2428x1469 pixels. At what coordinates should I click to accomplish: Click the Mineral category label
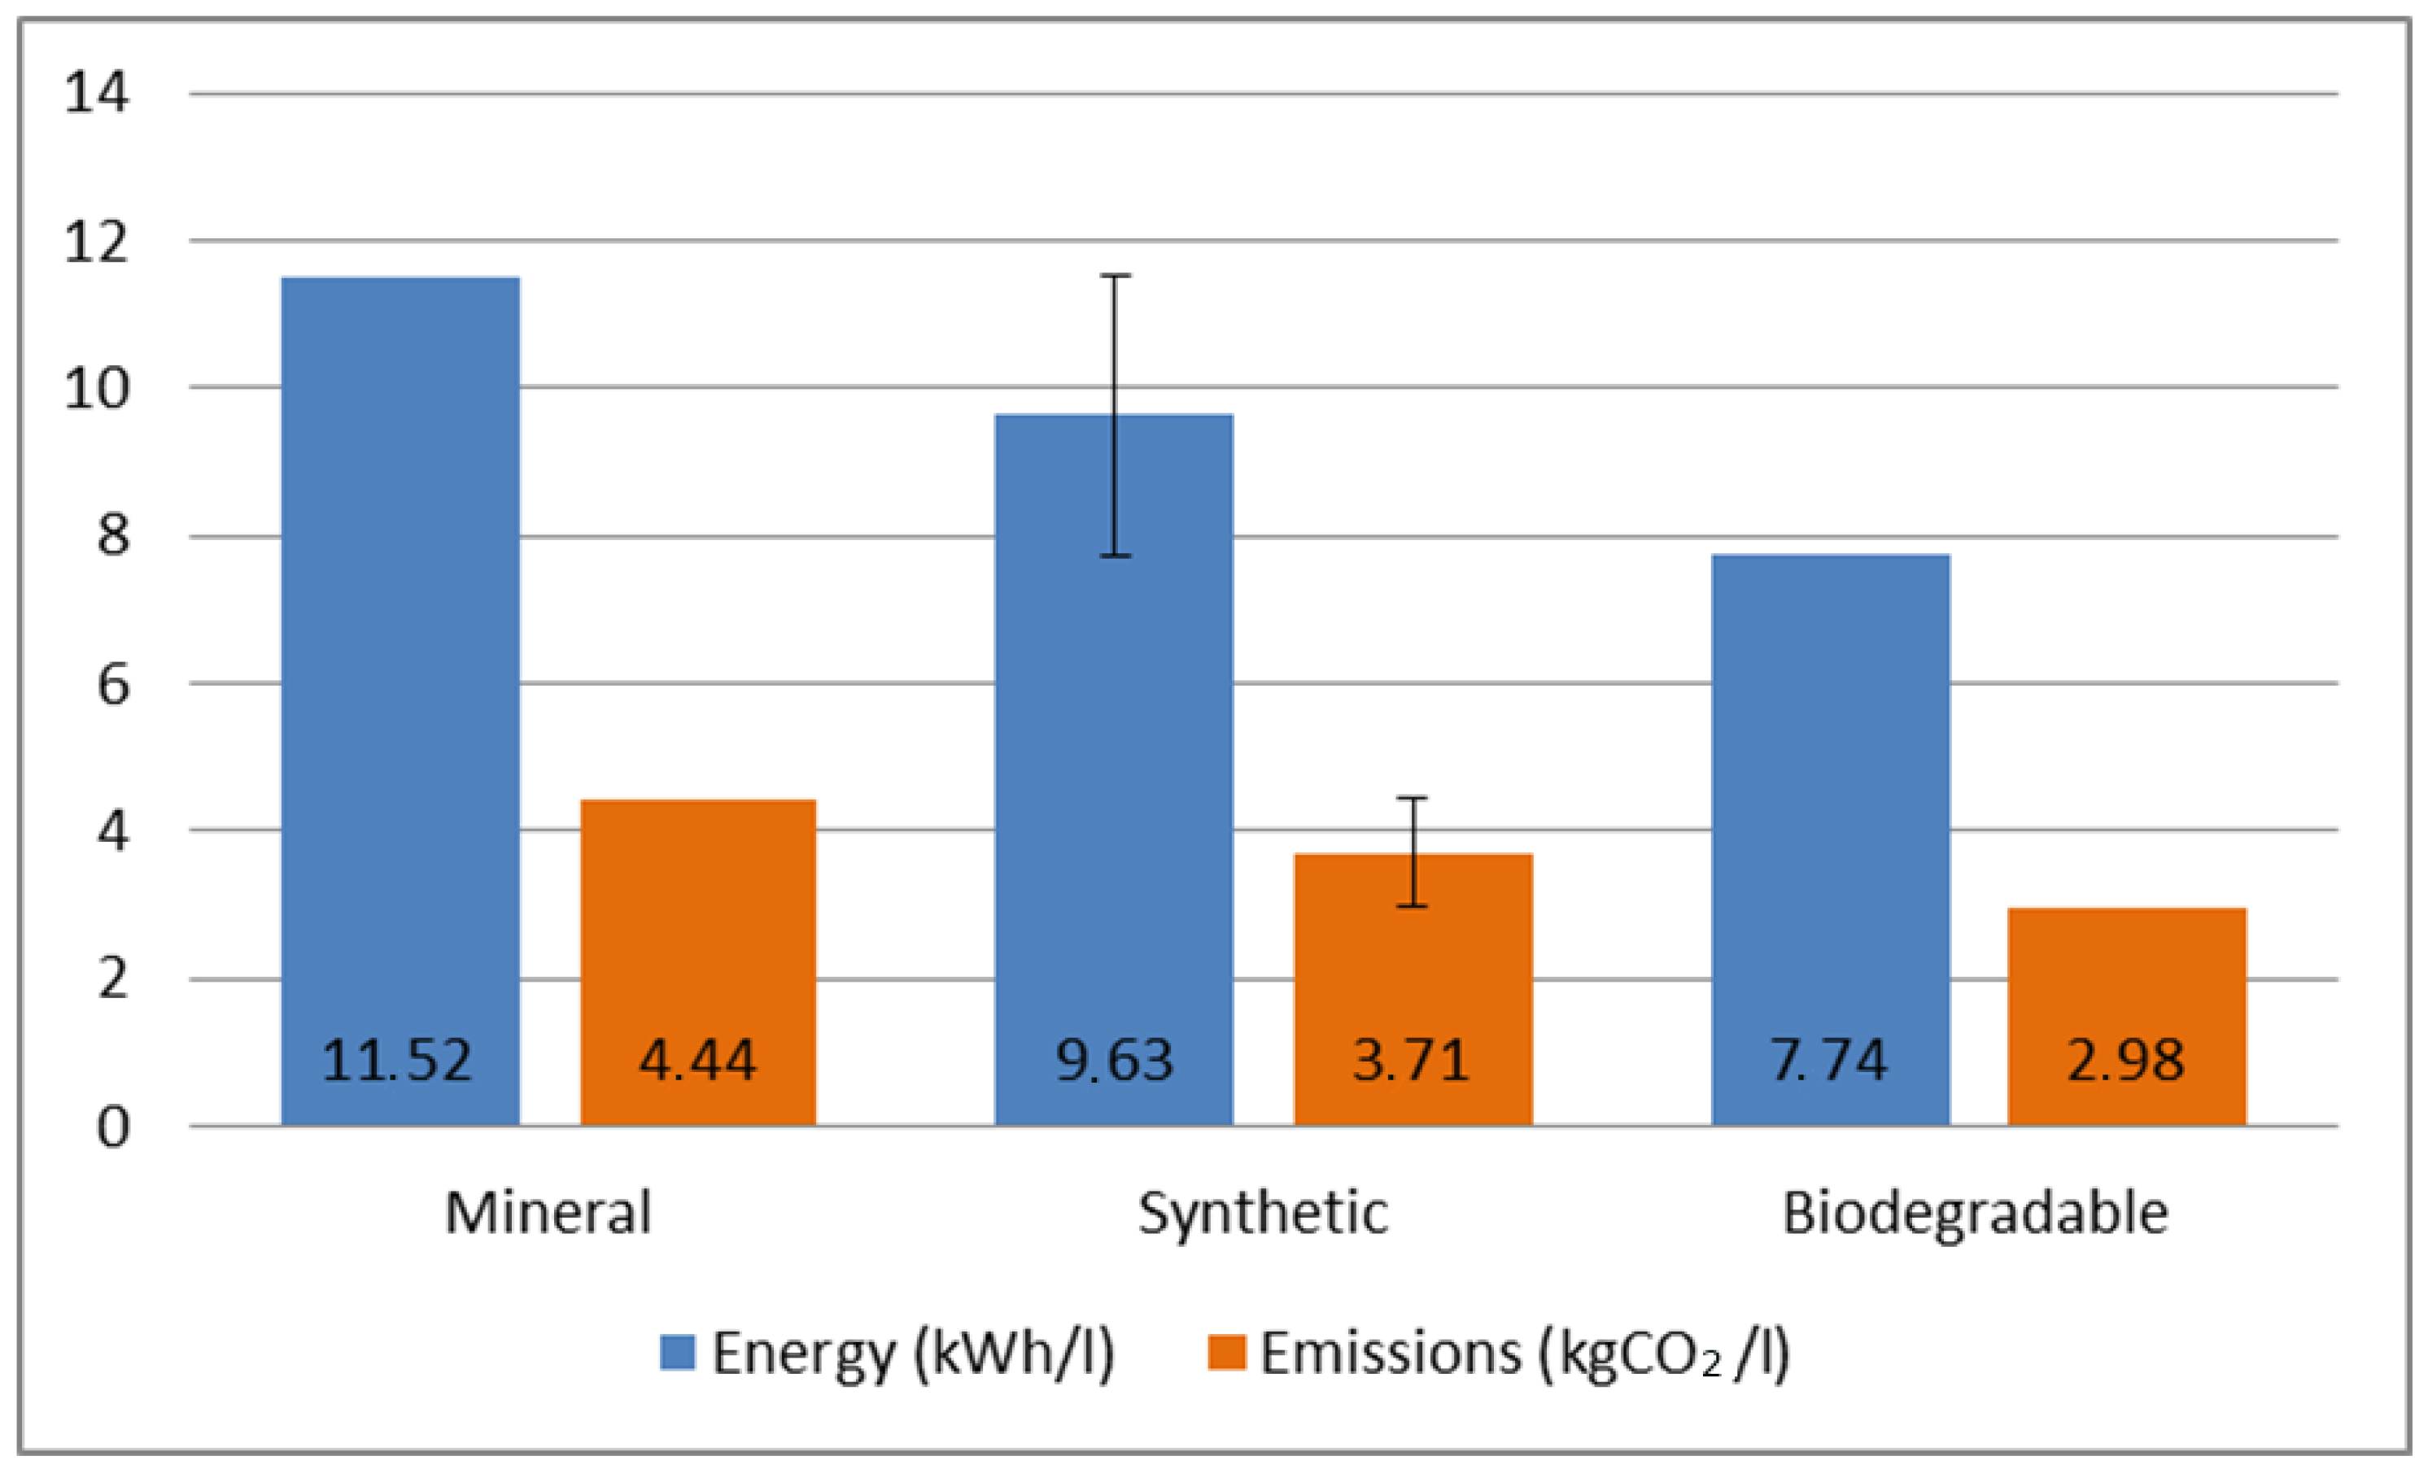[548, 1213]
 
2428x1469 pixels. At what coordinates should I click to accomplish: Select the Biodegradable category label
[1976, 1213]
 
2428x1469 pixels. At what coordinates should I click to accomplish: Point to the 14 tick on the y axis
[95, 94]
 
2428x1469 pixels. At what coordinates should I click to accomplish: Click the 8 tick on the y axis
[113, 536]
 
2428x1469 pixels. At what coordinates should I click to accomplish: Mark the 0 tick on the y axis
[113, 1127]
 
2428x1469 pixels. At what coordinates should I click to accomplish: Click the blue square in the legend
[678, 1353]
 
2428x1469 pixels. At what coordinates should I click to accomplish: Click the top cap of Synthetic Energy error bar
[1116, 276]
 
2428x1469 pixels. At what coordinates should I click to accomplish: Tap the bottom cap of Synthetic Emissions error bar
[1413, 905]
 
